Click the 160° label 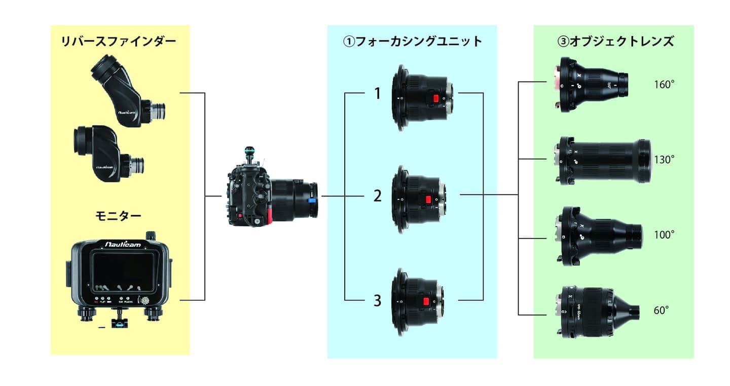click(664, 85)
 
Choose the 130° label click(664, 160)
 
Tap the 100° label click(664, 235)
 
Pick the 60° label click(662, 311)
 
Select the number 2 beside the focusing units click(377, 196)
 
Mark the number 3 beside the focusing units click(377, 301)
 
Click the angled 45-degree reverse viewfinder click(127, 93)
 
